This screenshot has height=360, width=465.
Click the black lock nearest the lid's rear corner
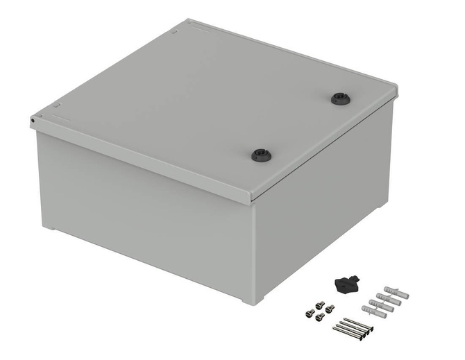(x=340, y=98)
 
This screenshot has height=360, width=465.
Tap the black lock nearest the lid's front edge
(x=260, y=154)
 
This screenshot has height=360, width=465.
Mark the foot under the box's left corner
(x=47, y=227)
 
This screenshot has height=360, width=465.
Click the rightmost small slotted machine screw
(x=330, y=308)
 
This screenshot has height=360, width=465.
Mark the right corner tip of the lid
(x=397, y=89)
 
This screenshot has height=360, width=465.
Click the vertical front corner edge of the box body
(x=254, y=250)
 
